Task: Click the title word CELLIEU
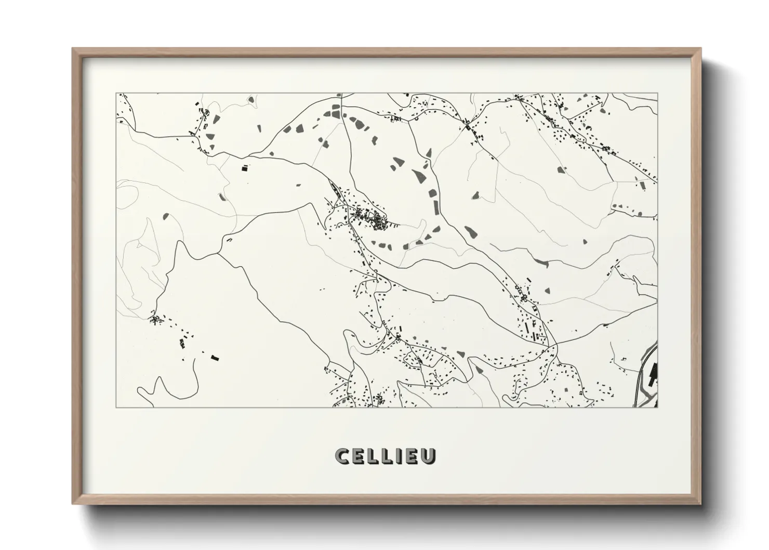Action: pyautogui.click(x=385, y=456)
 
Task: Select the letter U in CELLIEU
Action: pyautogui.click(x=429, y=456)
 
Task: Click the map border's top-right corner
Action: pyautogui.click(x=657, y=94)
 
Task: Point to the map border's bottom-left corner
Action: pyautogui.click(x=116, y=407)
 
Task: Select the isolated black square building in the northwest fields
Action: pyautogui.click(x=244, y=168)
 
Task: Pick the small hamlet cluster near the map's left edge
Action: pyautogui.click(x=156, y=319)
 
